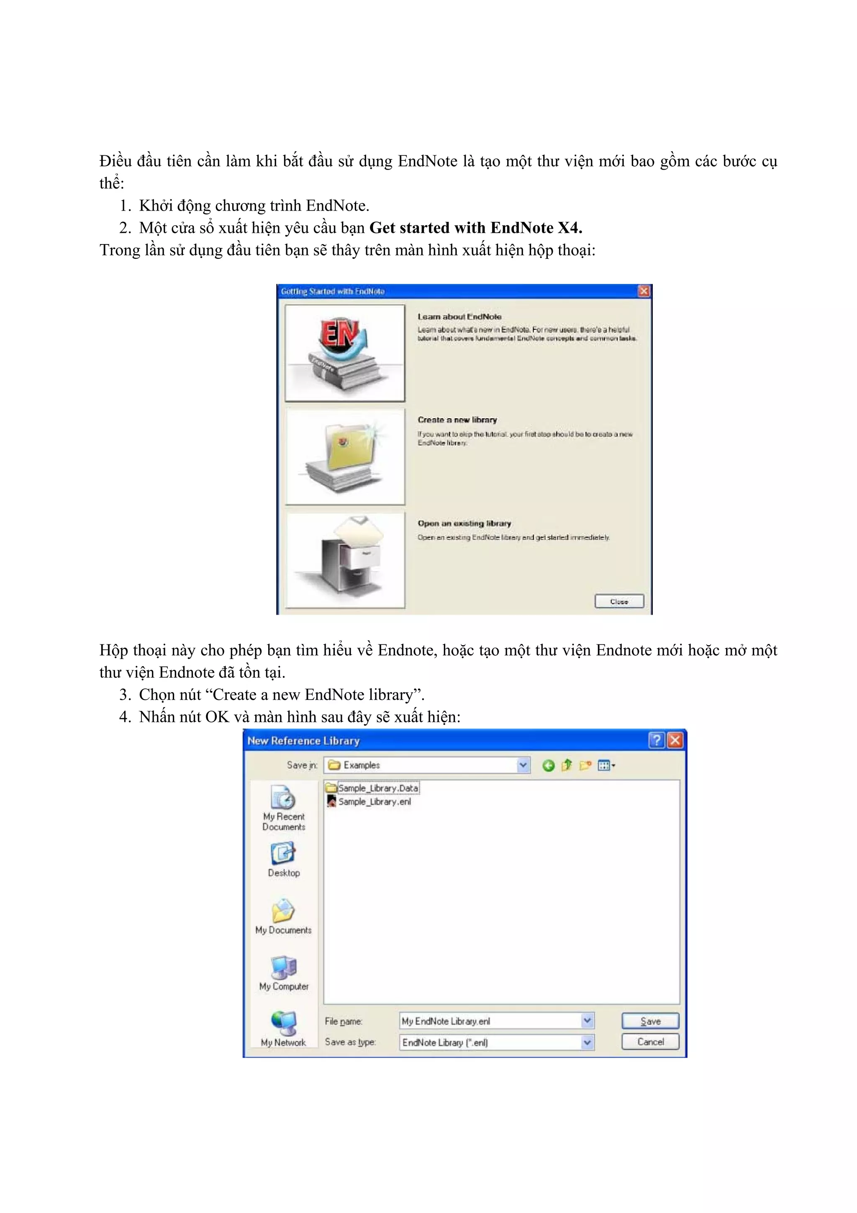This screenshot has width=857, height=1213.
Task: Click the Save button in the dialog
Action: [650, 1021]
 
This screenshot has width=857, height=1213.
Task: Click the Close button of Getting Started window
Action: [619, 601]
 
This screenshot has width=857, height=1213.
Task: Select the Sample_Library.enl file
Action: [374, 801]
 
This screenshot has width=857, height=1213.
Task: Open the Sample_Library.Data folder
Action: [377, 788]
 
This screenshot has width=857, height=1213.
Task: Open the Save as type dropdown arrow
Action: [587, 1042]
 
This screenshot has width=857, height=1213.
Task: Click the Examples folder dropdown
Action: [523, 765]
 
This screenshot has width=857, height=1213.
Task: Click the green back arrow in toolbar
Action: [548, 765]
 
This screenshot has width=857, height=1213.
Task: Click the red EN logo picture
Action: [341, 333]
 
